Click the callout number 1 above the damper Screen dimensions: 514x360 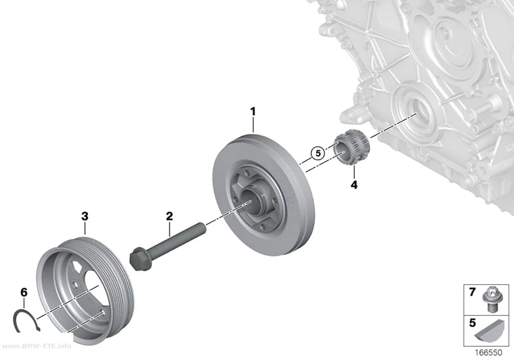(x=253, y=112)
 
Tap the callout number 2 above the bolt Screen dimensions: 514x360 (x=169, y=216)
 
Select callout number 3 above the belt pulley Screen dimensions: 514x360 (x=85, y=216)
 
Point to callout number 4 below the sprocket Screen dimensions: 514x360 (x=354, y=185)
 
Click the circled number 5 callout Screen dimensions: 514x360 (x=318, y=153)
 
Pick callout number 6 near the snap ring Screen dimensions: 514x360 (x=24, y=292)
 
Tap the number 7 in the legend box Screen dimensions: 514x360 (x=472, y=292)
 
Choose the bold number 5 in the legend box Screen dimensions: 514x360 (x=472, y=323)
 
